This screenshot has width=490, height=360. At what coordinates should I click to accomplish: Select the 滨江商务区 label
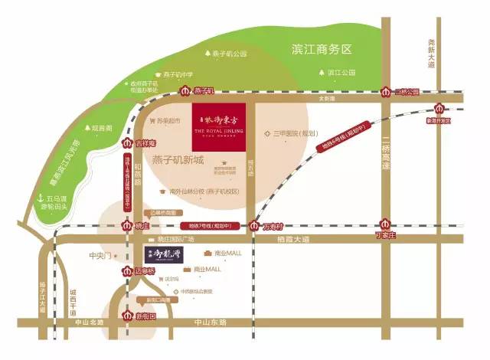coord(322,49)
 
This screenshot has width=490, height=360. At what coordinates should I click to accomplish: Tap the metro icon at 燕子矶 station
coord(185,91)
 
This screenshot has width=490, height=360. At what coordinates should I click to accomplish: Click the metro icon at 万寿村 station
coord(254,225)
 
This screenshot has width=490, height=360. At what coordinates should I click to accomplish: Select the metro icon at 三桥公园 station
coord(387,92)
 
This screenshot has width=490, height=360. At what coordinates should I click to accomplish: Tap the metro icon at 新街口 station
coord(128,316)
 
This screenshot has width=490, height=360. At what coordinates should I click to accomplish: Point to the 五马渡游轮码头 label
coord(55,202)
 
